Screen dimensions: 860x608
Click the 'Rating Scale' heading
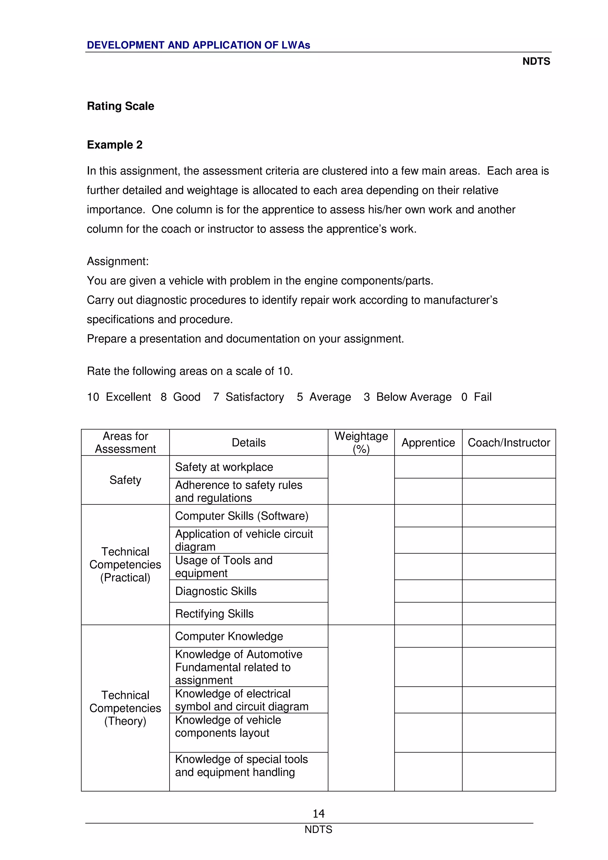point(120,106)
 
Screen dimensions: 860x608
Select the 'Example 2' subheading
point(115,145)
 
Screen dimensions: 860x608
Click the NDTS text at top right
point(536,61)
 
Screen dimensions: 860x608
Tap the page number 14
point(319,813)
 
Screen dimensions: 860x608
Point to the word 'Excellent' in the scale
point(128,397)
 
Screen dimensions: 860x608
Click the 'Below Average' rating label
point(414,397)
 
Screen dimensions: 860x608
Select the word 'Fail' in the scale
point(482,397)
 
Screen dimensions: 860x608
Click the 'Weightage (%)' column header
point(361,442)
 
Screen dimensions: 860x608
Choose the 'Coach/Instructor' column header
point(509,443)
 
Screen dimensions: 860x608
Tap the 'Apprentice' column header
point(428,443)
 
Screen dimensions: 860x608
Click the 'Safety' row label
point(125,480)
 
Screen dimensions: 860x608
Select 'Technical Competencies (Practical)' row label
point(125,564)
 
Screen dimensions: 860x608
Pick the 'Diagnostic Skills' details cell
point(216,591)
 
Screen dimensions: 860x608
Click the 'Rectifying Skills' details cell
point(214,613)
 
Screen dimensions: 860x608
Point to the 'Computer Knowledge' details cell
point(229,636)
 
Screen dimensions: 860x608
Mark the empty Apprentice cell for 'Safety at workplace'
point(428,467)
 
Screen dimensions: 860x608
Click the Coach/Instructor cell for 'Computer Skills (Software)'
point(509,516)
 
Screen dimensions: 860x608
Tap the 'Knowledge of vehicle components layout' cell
point(228,726)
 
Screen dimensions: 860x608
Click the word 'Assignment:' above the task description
point(118,261)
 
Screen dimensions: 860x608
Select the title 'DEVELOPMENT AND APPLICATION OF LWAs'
point(199,45)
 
